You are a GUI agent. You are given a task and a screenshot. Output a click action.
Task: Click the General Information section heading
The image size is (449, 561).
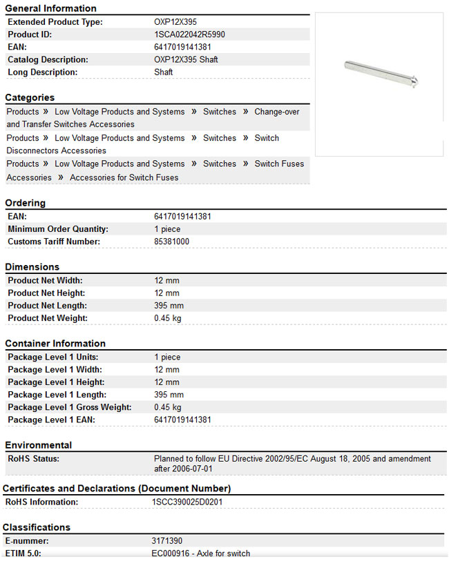pyautogui.click(x=51, y=8)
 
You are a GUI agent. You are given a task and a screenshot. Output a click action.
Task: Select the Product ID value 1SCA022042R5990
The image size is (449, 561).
pyautogui.click(x=189, y=35)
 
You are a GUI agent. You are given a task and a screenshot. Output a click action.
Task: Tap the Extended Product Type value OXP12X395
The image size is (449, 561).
pyautogui.click(x=175, y=22)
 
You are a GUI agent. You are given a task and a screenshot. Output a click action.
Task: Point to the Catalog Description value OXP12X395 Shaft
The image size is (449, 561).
pyautogui.click(x=186, y=59)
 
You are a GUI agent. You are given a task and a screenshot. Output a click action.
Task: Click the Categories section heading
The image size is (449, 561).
pyautogui.click(x=30, y=97)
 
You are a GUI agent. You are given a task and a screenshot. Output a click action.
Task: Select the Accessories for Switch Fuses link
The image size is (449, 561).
pyautogui.click(x=124, y=177)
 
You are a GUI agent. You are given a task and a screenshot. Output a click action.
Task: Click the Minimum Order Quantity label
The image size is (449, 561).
pyautogui.click(x=58, y=229)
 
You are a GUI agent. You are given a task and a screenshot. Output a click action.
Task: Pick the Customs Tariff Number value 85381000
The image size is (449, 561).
pyautogui.click(x=171, y=242)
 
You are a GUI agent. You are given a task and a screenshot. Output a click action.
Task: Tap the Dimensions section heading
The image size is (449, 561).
pyautogui.click(x=32, y=266)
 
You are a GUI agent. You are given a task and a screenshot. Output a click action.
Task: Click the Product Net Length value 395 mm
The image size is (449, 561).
pyautogui.click(x=169, y=306)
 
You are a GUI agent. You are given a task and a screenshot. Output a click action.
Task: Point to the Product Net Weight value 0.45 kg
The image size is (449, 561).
pyautogui.click(x=168, y=318)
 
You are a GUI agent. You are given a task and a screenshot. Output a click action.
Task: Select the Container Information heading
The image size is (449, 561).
pyautogui.click(x=55, y=343)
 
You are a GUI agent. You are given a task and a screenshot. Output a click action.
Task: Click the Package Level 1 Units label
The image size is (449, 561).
pyautogui.click(x=53, y=357)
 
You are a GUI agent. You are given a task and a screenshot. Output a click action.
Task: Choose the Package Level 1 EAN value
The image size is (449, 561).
pyautogui.click(x=182, y=420)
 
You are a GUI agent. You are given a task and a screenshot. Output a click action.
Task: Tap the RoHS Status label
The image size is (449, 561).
pyautogui.click(x=33, y=459)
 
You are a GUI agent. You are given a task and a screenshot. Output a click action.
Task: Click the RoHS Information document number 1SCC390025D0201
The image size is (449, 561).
pyautogui.click(x=187, y=502)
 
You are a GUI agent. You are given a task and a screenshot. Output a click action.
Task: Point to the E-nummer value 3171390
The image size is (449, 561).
pyautogui.click(x=167, y=541)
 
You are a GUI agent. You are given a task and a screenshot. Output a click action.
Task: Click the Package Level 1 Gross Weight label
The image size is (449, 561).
pyautogui.click(x=69, y=407)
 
